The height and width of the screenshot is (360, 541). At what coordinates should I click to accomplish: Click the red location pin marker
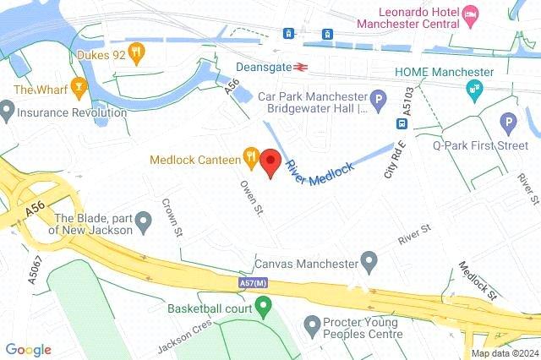coord(270,161)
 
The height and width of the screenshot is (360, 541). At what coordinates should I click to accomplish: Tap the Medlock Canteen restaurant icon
coord(250,156)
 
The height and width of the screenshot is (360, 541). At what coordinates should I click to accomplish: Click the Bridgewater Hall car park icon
coord(380,100)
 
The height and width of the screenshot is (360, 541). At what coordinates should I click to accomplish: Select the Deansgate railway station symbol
coord(298,66)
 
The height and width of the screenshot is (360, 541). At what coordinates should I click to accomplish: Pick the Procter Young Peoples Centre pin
coord(312,324)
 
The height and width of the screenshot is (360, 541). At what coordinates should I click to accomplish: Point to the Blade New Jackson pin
coord(143,223)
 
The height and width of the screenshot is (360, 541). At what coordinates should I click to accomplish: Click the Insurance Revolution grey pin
coord(8,110)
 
